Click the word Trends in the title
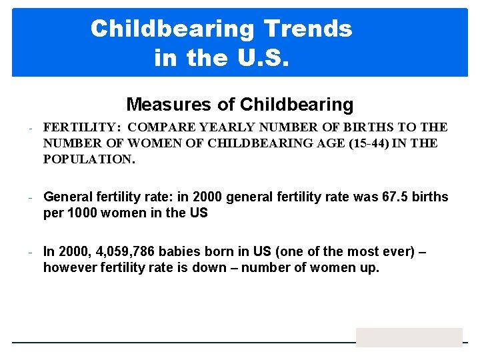[307, 29]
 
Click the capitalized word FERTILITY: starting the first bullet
[81, 127]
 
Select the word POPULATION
[86, 159]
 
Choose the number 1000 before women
[82, 213]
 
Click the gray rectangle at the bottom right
[409, 337]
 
